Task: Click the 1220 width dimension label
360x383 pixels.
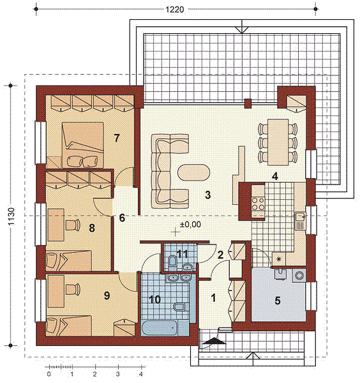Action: pos(175,10)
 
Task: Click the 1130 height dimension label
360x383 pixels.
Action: pos(11,216)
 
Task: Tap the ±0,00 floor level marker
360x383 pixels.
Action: pos(190,224)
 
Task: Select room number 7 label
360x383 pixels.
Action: pos(117,139)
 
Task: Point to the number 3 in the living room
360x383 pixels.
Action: pos(208,195)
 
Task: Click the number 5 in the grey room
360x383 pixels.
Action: pos(278,301)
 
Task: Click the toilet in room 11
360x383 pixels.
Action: pos(172,261)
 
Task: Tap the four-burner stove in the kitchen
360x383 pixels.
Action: pos(259,204)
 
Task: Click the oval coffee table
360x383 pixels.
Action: pos(193,172)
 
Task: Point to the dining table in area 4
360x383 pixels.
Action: pos(278,142)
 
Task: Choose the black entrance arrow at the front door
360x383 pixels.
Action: pos(214,341)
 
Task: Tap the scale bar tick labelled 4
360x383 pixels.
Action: pos(141,374)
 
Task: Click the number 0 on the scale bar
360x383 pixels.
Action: pos(49,374)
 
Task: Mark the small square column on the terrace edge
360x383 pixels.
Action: pos(248,103)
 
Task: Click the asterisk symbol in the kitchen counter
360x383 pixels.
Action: pos(278,259)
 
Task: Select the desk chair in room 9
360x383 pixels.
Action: pos(73,289)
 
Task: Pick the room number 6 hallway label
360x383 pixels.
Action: pos(122,218)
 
